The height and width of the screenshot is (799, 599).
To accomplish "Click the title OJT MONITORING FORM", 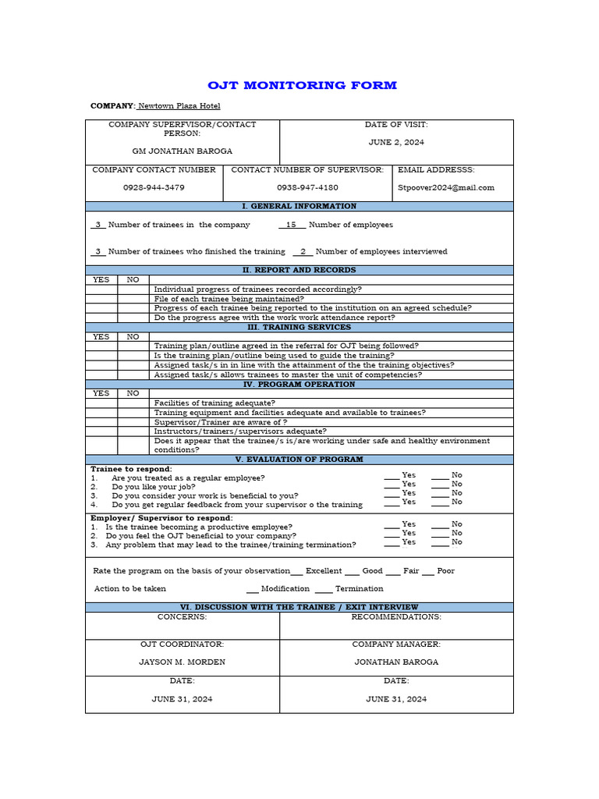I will (302, 85).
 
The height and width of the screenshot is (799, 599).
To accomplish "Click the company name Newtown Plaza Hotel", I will (179, 106).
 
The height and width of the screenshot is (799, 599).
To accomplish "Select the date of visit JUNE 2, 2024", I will (396, 143).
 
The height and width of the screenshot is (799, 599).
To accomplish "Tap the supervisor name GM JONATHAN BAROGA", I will (182, 151).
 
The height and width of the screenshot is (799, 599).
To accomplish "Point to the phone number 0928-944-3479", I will (154, 187).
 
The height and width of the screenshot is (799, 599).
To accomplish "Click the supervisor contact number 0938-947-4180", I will (307, 187).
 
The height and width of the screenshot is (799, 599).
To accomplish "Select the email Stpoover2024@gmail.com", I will (446, 187).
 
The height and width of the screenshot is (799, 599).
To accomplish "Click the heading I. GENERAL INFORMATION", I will (299, 206).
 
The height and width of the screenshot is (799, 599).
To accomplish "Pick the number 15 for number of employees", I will (292, 225).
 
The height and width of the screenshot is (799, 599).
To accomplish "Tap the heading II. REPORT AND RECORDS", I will (299, 270).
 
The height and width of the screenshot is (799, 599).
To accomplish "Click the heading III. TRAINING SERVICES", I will (299, 327).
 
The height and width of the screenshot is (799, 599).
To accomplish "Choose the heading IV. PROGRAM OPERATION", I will (299, 384).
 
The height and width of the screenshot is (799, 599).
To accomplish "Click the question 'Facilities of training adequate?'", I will (214, 403).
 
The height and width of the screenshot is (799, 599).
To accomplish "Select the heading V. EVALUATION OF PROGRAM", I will (299, 460).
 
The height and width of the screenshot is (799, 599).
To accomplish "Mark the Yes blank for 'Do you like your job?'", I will (392, 485).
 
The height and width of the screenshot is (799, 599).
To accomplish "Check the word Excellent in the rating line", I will (324, 571).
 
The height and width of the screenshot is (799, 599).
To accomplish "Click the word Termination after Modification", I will (359, 588).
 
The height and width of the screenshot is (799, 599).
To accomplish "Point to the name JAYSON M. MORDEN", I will (182, 662).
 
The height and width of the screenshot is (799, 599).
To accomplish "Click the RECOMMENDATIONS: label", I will (396, 616).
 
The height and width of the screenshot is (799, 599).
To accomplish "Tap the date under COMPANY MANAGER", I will (396, 699).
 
